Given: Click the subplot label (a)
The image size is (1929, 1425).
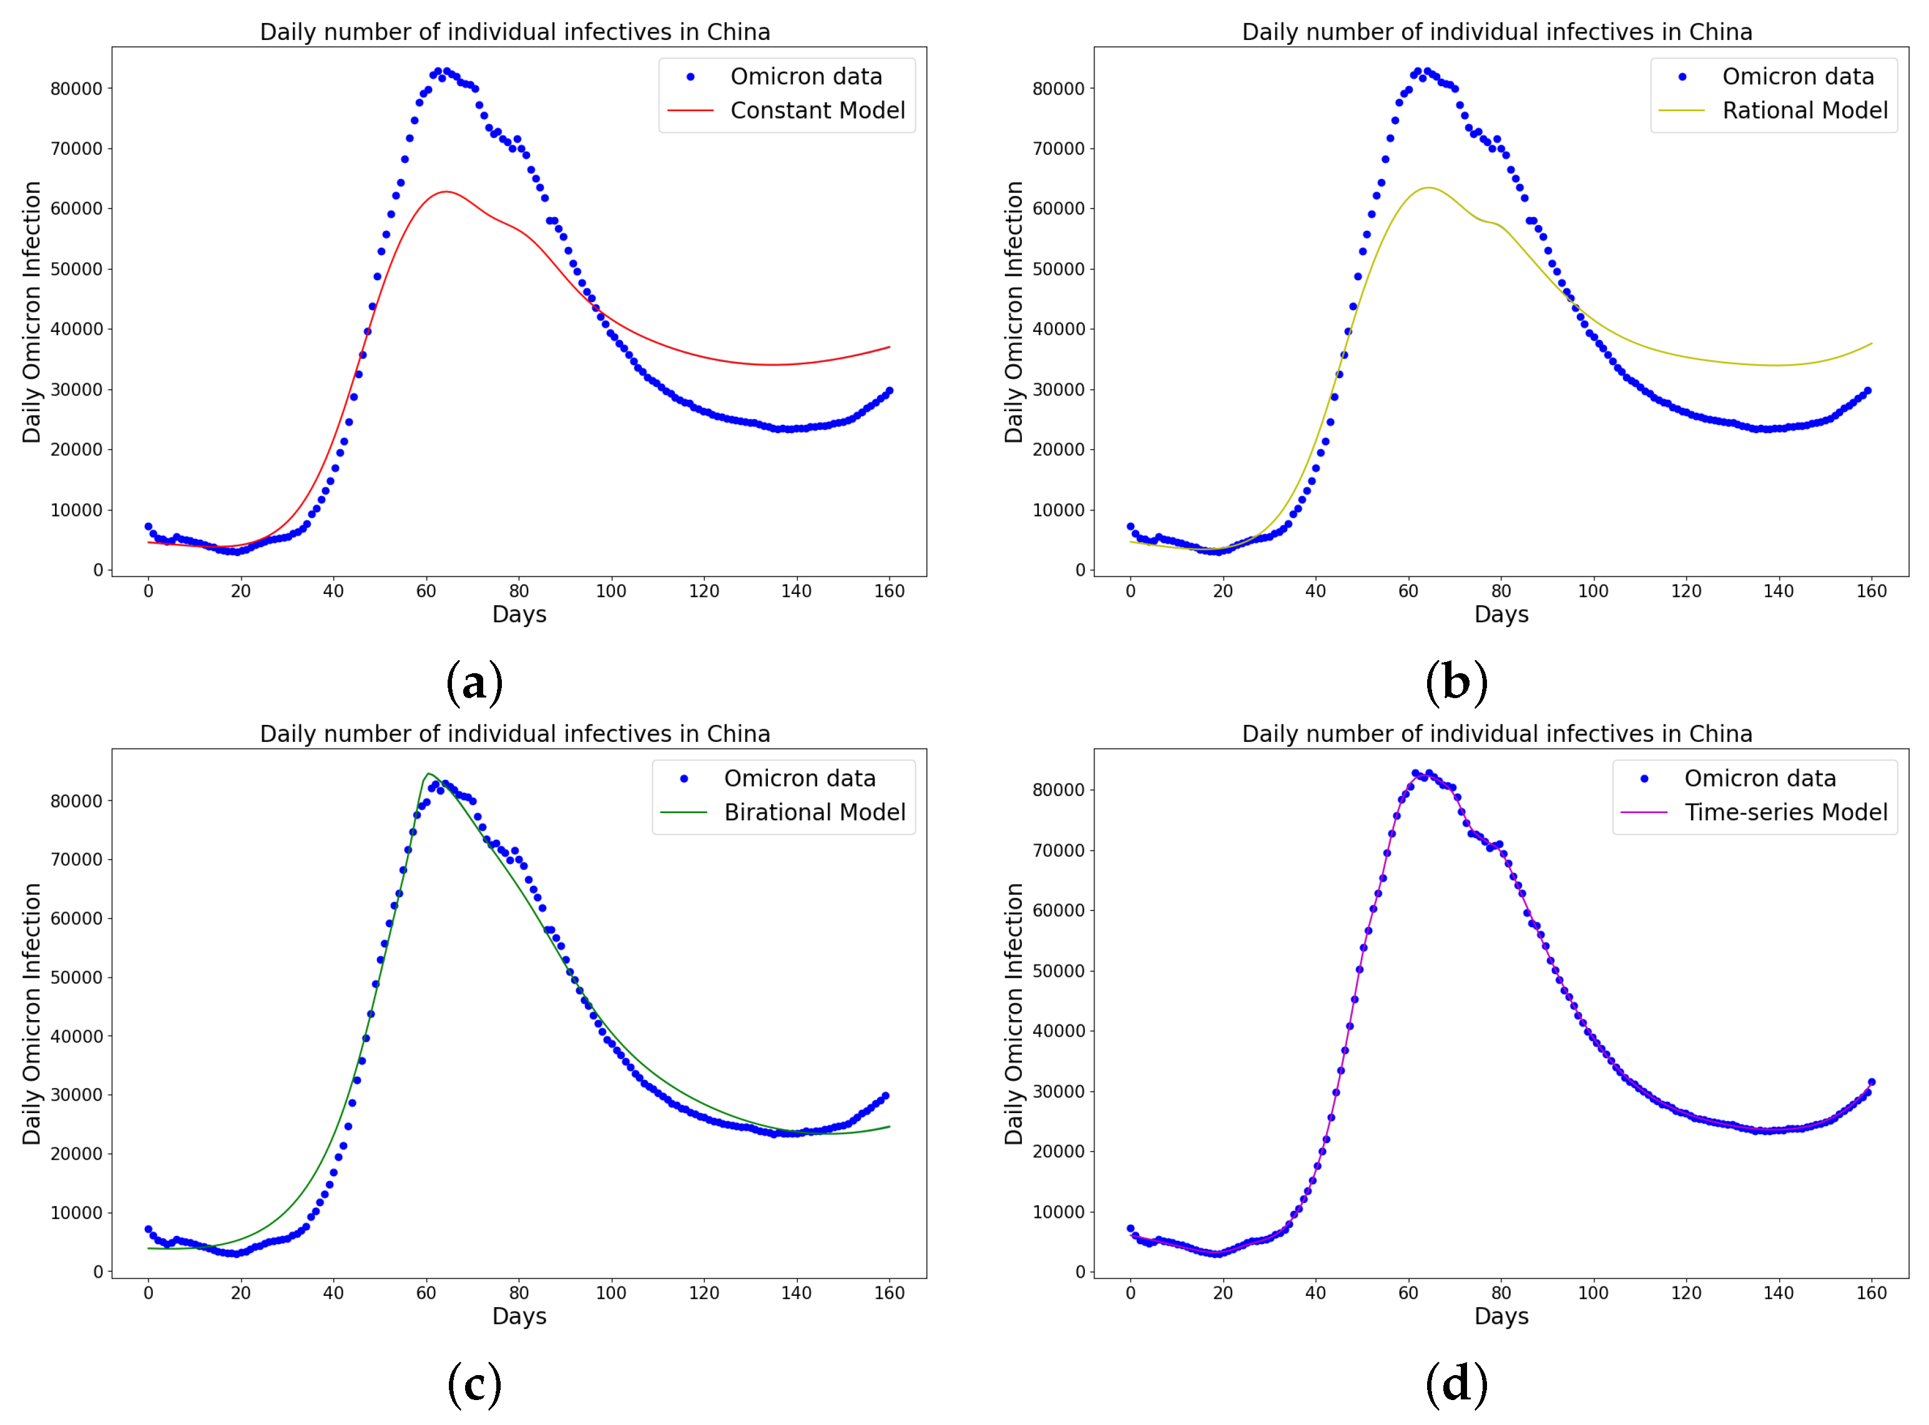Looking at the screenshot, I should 474,683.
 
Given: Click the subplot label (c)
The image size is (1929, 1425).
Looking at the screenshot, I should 474,1385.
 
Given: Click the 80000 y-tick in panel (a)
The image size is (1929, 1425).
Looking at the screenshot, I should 76,89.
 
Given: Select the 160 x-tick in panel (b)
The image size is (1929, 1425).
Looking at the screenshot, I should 1870,591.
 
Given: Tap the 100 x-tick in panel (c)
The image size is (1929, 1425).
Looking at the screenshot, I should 611,1293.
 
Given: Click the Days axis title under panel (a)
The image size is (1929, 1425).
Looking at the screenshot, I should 519,615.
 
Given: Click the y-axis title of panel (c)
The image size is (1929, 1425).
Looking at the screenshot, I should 32,1014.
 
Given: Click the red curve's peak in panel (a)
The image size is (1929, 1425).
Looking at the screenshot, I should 445,192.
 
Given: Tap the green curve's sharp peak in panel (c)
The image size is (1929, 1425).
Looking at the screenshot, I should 428,774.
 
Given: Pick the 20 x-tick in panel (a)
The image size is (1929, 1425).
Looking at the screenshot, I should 241,591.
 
